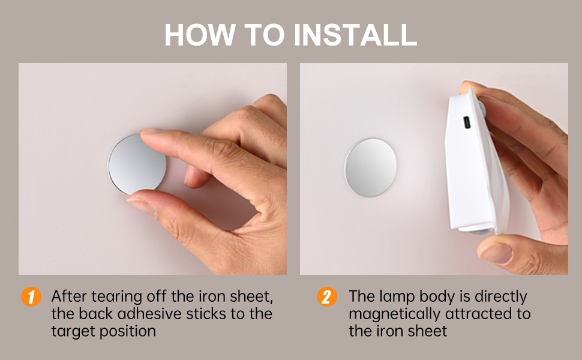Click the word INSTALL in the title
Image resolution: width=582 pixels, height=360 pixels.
[x=355, y=35]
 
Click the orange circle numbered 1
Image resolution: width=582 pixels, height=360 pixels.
[x=31, y=297]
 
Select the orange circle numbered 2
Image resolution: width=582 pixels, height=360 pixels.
[x=326, y=297]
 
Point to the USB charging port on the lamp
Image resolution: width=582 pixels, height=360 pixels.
[x=467, y=122]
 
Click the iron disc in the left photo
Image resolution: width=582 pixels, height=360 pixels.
[x=137, y=164]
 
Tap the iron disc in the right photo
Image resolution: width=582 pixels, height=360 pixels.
[x=370, y=167]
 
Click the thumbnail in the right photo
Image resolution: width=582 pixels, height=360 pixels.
[x=496, y=253]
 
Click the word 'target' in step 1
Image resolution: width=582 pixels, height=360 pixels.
[x=72, y=331]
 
